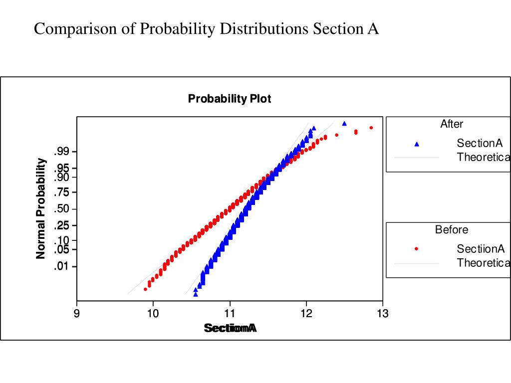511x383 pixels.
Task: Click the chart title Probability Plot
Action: (x=230, y=99)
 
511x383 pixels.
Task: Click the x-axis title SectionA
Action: (x=230, y=328)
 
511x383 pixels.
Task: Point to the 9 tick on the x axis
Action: (x=77, y=313)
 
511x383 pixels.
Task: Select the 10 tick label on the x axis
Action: (x=153, y=313)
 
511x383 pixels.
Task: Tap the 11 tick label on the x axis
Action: (x=230, y=313)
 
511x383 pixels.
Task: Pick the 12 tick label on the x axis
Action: (x=306, y=313)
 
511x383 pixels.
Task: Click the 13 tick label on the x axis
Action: (x=383, y=313)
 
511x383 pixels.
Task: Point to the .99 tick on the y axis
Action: (x=65, y=152)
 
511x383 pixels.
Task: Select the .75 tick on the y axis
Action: (x=65, y=192)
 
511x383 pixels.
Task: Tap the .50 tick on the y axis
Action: (x=65, y=208)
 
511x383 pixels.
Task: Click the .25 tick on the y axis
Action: (x=65, y=225)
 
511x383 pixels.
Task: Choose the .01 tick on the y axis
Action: (x=65, y=266)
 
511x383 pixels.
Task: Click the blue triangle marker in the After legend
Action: (x=417, y=144)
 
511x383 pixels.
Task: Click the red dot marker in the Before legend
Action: (x=417, y=249)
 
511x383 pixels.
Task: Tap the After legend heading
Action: (x=452, y=124)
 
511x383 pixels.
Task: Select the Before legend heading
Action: (x=452, y=230)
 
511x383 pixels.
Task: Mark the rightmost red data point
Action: (x=371, y=128)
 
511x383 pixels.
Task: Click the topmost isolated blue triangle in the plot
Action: (x=344, y=123)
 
